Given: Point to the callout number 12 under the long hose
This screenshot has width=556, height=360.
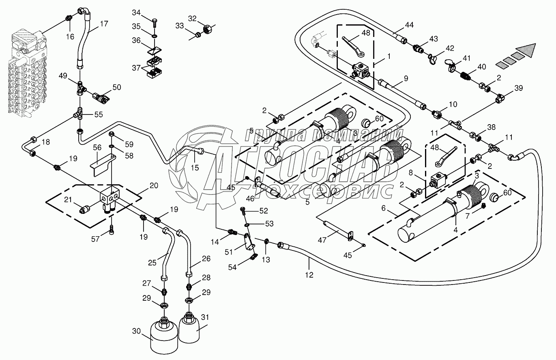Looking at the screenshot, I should point(309,275).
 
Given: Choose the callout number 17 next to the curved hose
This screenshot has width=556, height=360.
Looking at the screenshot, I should point(104,24).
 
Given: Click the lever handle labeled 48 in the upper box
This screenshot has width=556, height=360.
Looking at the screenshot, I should point(354,45).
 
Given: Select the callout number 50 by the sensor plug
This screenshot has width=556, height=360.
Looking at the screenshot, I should point(117,87).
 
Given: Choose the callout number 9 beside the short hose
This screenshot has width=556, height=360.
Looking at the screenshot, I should point(405,79).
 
